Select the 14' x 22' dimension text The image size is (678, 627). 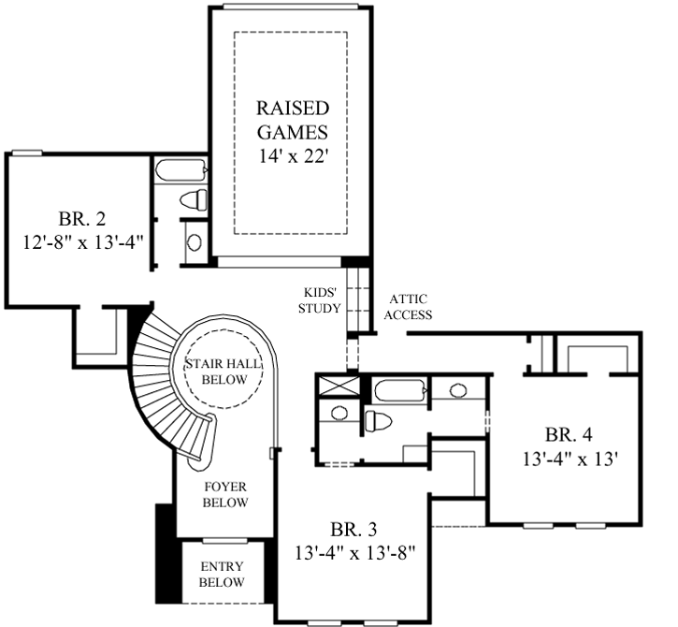pos(290,155)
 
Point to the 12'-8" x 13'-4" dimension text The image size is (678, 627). pos(77,241)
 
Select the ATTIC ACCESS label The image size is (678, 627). pos(407,308)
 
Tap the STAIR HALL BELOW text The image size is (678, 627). pos(223,372)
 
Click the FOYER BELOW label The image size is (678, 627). pos(225,494)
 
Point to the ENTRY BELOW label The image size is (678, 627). pos(222,575)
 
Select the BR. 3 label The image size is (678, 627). pos(353,528)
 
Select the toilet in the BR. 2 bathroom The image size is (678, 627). pos(195,199)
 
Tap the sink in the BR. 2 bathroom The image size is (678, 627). pos(194,241)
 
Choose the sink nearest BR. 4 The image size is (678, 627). pos(458,391)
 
